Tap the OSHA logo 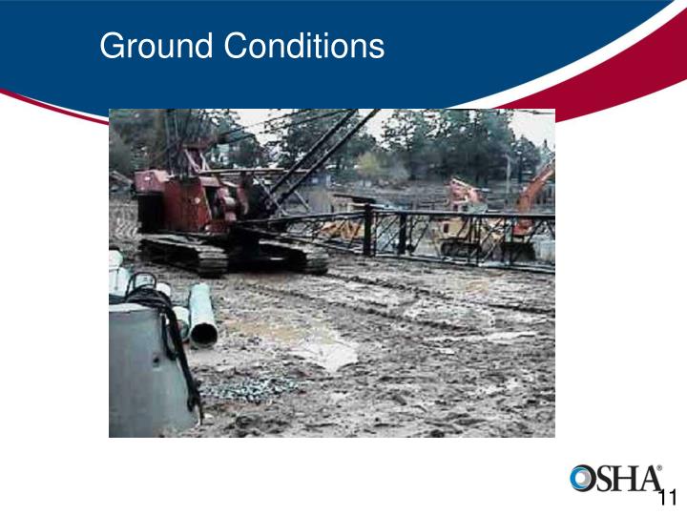[x=615, y=479]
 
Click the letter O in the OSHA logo [x=583, y=480]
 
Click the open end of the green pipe [x=204, y=333]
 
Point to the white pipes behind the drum [x=119, y=277]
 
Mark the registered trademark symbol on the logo [x=658, y=468]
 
